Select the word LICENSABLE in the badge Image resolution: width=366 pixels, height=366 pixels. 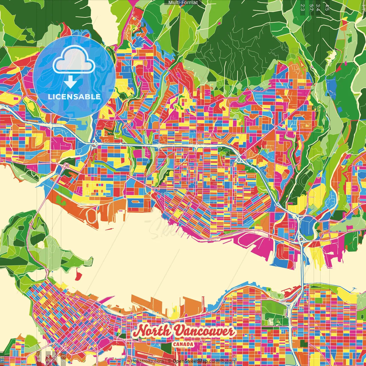pos(74,97)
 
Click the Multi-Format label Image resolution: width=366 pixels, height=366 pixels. pos(183,3)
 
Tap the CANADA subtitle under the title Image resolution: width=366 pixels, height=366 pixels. pos(183,344)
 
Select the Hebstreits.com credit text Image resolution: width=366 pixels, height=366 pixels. pos(147,361)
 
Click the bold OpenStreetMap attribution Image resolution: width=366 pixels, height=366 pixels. pos(190,361)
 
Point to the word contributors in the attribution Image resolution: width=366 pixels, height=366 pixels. pos(222,361)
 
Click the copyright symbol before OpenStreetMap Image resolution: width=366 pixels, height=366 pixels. pos(169,361)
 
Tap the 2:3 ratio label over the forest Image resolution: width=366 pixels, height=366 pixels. pos(302,7)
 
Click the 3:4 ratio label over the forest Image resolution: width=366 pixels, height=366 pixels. pos(318,7)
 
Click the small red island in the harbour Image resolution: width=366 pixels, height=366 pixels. pos(78,275)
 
